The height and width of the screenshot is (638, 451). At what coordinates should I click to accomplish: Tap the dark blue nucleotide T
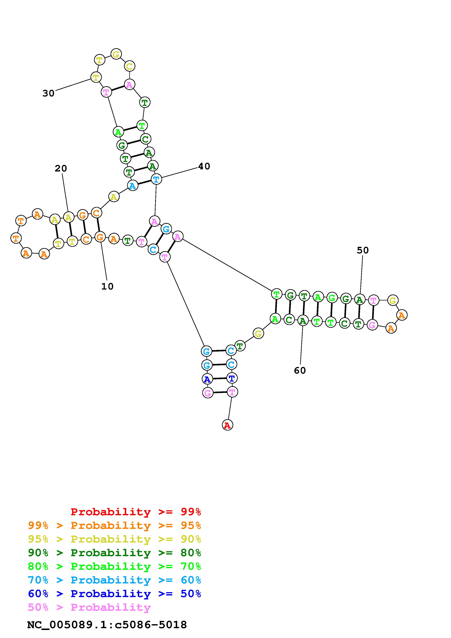pos(232,378)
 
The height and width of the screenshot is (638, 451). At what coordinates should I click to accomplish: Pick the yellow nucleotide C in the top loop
pos(129,66)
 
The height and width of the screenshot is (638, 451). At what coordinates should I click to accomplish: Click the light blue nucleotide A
pos(133,185)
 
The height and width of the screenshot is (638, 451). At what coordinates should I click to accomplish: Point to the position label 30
pos(48,93)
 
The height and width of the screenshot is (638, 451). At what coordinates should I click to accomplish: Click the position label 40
pos(204,166)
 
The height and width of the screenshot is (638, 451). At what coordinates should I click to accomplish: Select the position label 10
pos(107,286)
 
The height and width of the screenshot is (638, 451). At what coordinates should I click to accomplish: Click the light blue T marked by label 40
pos(156,179)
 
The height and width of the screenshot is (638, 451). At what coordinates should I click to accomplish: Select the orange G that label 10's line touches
pos(100,237)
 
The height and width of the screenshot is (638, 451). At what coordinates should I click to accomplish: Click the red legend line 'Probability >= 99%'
pos(136,512)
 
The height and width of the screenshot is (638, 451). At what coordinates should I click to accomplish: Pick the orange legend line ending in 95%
pos(114,525)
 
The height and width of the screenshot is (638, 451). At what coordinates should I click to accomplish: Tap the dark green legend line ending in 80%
pos(114,553)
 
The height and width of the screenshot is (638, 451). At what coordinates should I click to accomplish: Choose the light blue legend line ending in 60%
pos(114,580)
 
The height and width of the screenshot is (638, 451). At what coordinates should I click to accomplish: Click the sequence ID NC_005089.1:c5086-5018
pos(107,625)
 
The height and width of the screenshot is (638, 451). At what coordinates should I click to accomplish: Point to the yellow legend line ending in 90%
pos(114,539)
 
